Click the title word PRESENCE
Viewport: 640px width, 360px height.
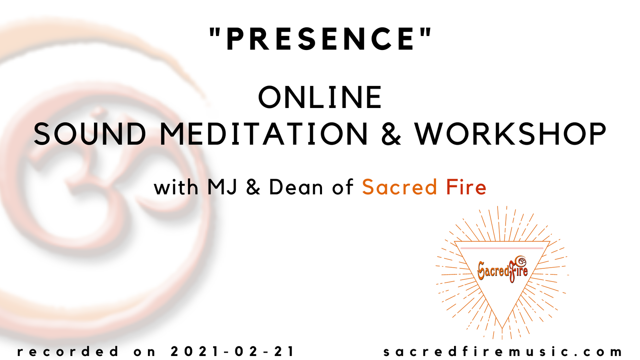click(x=320, y=39)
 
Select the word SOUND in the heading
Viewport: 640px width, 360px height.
click(x=90, y=134)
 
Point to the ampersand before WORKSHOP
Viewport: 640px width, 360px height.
click(x=391, y=134)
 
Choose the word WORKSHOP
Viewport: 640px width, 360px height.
click(x=510, y=134)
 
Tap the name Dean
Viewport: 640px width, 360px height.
click(x=296, y=187)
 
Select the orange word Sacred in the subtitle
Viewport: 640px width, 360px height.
click(x=400, y=187)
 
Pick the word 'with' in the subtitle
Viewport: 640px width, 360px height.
click(x=176, y=187)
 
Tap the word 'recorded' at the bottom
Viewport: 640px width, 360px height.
click(x=68, y=352)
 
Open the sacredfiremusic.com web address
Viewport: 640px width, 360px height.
click(x=503, y=352)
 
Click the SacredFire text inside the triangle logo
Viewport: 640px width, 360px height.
click(x=502, y=270)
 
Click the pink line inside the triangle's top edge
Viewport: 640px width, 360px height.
click(x=502, y=248)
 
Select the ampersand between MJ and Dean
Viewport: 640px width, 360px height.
click(x=253, y=187)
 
